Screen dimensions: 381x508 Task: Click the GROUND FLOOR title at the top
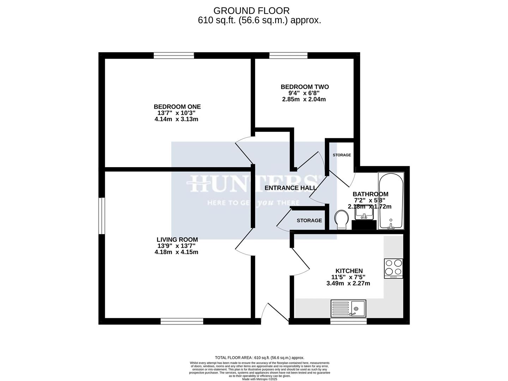[x=252, y=11]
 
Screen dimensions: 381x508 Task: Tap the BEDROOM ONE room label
[x=177, y=107]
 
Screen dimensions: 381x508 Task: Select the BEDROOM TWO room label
[x=304, y=87]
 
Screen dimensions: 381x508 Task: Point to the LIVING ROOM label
[x=177, y=240]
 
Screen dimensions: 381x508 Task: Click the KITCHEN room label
[x=349, y=271]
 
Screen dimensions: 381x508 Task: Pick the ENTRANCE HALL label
[x=291, y=188]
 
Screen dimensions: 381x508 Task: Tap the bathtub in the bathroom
[x=390, y=201]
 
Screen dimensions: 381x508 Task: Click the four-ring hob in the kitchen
[x=393, y=268]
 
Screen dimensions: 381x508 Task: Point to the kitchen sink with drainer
[x=349, y=309]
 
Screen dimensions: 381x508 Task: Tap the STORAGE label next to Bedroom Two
[x=341, y=155]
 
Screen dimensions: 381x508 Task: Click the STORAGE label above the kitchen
[x=309, y=220]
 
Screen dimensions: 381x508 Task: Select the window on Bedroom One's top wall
[x=174, y=55]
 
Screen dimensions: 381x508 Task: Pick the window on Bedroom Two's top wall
[x=288, y=55]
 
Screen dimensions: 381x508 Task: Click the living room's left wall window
[x=102, y=216]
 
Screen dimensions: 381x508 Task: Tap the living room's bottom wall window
[x=182, y=321]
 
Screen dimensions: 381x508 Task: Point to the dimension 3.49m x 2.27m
[x=348, y=283]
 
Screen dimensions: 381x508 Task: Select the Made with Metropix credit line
[x=260, y=379]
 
